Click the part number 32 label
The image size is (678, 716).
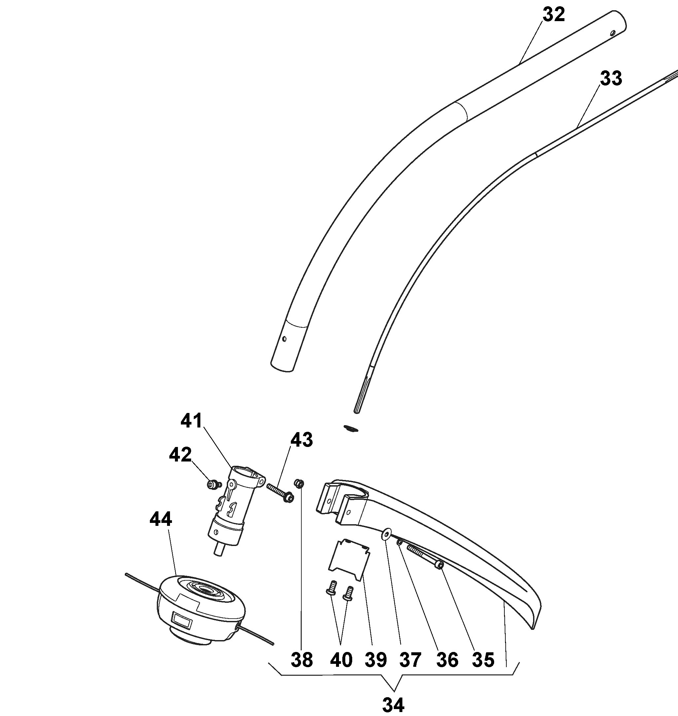click(553, 15)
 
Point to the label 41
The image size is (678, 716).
click(191, 421)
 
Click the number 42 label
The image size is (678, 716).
click(180, 455)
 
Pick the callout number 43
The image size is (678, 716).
click(302, 440)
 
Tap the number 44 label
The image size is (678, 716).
click(161, 520)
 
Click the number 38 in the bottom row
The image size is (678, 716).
click(302, 660)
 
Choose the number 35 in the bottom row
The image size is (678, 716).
click(483, 660)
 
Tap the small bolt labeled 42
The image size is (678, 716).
click(213, 484)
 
